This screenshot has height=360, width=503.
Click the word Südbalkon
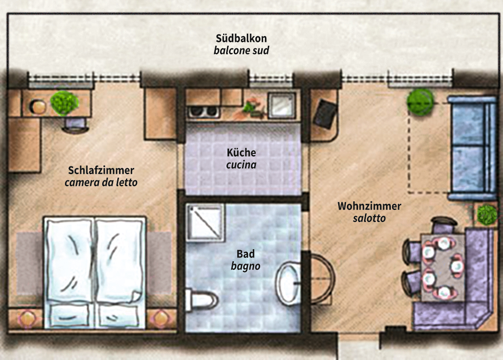(241, 38)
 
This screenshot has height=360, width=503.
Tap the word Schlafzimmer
(101, 170)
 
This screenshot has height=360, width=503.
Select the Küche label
(241, 152)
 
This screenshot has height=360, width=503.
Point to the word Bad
(245, 254)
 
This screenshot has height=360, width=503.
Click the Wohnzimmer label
(369, 206)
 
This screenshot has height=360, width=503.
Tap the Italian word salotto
(369, 218)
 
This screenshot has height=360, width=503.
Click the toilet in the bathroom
(201, 300)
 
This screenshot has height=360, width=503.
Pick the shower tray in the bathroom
(206, 222)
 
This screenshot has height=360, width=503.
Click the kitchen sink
(282, 105)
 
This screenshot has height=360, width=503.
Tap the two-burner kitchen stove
(203, 112)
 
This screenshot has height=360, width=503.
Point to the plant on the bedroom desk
(64, 103)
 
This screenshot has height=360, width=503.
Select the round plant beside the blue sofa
(420, 102)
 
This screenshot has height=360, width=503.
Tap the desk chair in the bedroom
(75, 125)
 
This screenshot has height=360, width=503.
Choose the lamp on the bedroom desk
(38, 106)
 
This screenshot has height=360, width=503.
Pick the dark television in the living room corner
(325, 114)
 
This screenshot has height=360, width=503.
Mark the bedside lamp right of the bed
(161, 318)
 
